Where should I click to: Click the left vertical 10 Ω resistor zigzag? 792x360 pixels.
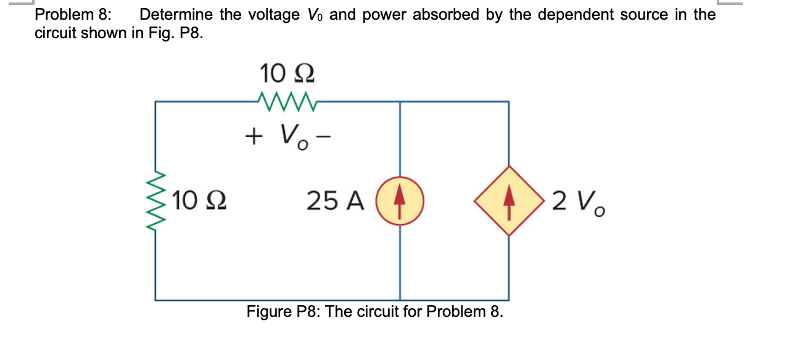(155, 200)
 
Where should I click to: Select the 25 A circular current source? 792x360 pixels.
(400, 200)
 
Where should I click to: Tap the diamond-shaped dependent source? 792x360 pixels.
(508, 200)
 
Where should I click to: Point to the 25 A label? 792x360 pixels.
(336, 201)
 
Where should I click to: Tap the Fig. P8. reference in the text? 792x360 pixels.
(175, 33)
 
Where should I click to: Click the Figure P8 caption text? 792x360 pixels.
(374, 311)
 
